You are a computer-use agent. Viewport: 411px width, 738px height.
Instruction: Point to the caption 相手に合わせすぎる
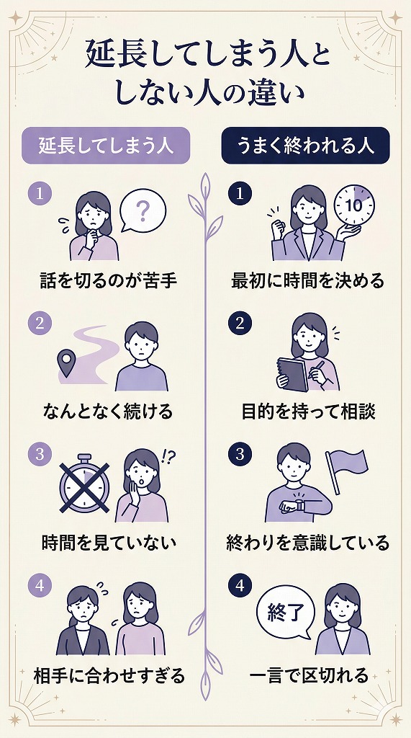pyautogui.click(x=109, y=675)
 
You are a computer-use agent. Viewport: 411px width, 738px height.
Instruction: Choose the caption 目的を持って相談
pyautogui.click(x=307, y=412)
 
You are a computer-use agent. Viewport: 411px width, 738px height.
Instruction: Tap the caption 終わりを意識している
pyautogui.click(x=307, y=542)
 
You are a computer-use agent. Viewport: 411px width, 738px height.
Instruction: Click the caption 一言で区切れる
pyautogui.click(x=309, y=675)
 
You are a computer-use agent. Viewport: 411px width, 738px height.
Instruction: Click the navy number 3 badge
pyautogui.click(x=238, y=455)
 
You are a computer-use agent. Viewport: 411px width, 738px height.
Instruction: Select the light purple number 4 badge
pyautogui.click(x=40, y=586)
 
